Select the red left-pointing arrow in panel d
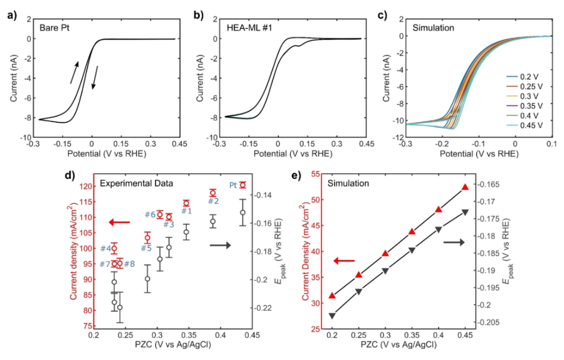(119, 222)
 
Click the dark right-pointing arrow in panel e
(453, 242)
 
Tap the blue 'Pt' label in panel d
(233, 185)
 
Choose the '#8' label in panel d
(129, 264)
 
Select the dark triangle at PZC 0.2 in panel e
(332, 316)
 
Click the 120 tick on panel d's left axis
(88, 186)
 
